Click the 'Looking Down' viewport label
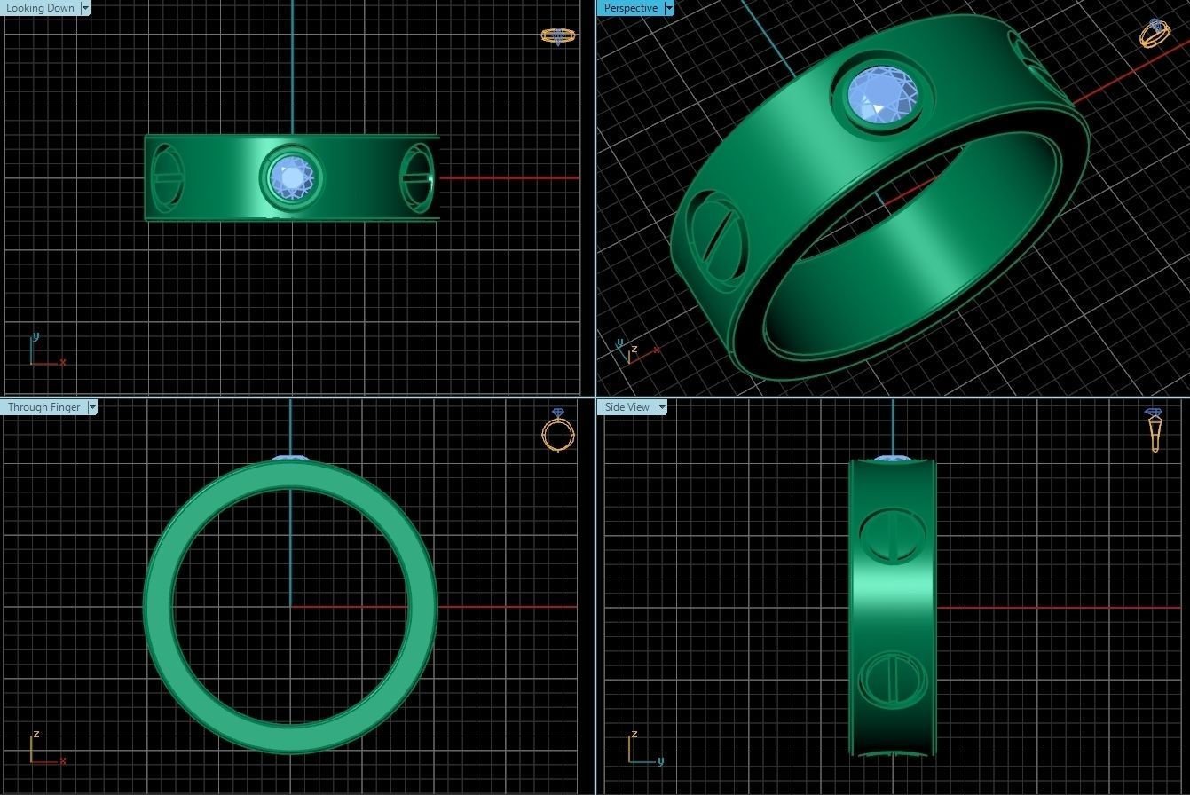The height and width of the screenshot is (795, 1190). click(40, 8)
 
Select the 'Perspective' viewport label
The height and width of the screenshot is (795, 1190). click(631, 8)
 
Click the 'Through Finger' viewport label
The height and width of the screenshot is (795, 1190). click(43, 407)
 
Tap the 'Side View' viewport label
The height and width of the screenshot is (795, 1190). click(627, 407)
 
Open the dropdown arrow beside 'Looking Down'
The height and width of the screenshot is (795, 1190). click(85, 8)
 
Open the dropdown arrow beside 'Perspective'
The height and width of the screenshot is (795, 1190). click(669, 8)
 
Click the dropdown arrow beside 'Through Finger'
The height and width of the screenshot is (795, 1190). click(92, 407)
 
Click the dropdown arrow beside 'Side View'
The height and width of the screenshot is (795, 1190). click(662, 407)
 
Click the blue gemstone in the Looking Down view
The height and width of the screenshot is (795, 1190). click(292, 177)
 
